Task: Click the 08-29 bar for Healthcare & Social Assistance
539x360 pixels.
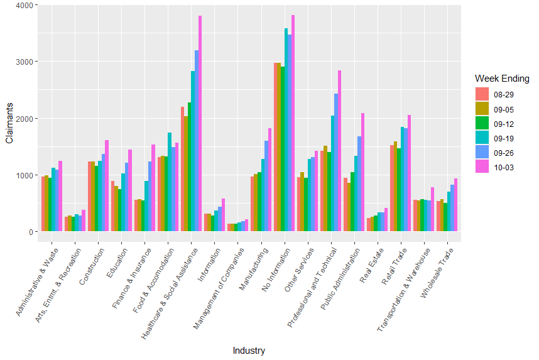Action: (183, 169)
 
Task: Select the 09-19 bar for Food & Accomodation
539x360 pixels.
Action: (170, 182)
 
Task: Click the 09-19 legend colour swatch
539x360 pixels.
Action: (481, 138)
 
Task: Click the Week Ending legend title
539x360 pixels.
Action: (501, 79)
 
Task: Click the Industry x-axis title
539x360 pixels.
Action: (249, 351)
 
